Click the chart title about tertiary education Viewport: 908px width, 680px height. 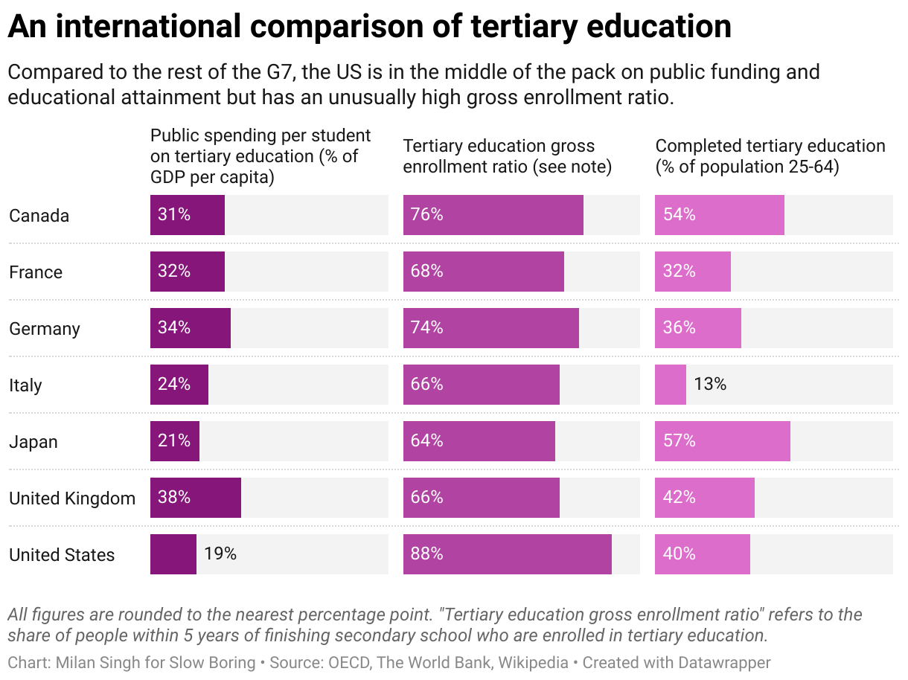tap(369, 27)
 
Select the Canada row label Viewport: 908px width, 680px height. tap(39, 216)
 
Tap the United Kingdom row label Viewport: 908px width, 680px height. tap(72, 498)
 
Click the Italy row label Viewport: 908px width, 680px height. tap(25, 385)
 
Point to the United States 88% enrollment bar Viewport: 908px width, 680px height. tap(507, 554)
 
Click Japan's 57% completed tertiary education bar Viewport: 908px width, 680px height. tap(722, 441)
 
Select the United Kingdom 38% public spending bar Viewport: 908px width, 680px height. tap(195, 498)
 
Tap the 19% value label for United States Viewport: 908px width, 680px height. tap(220, 554)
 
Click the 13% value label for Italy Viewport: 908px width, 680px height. tap(709, 385)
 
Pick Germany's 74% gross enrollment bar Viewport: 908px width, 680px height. tap(490, 328)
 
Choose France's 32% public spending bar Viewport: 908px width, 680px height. tap(187, 272)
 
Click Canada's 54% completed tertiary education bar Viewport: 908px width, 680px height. tap(719, 215)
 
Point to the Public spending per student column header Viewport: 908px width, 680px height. tap(260, 156)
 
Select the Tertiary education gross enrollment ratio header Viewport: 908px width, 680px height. tap(507, 156)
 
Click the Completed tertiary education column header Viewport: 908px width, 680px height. tap(770, 156)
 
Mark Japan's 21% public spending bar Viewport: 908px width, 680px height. tap(174, 441)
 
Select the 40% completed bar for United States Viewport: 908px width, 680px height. tap(702, 554)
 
